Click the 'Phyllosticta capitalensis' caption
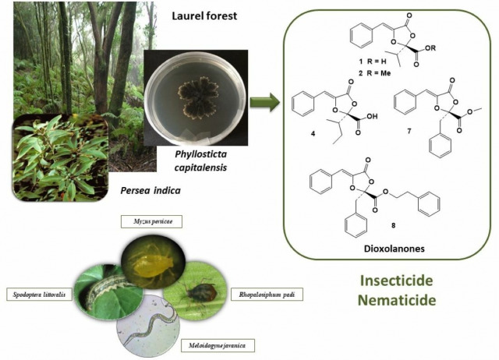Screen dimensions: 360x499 pyautogui.click(x=204, y=169)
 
